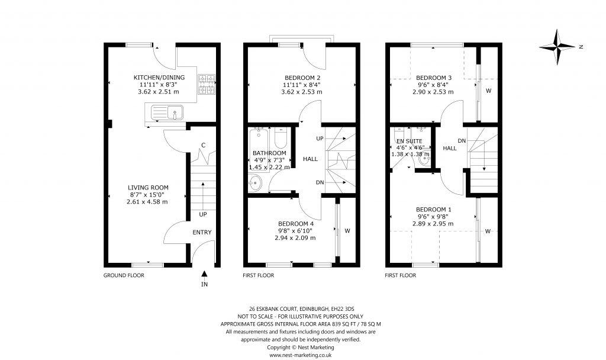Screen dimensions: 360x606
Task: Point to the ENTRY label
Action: click(202, 232)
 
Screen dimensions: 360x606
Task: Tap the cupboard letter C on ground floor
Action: click(203, 145)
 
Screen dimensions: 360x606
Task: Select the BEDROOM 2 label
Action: click(302, 78)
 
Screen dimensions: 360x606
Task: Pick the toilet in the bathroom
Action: click(281, 139)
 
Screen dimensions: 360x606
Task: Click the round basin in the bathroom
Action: click(256, 184)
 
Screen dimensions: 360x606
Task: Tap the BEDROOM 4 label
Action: click(295, 223)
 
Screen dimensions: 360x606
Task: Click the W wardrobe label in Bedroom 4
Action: click(348, 231)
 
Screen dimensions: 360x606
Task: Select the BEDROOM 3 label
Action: click(433, 78)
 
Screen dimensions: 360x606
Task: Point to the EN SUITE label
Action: click(410, 141)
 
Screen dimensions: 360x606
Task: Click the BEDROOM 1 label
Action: click(433, 210)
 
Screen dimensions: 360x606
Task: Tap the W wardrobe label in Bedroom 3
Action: click(488, 91)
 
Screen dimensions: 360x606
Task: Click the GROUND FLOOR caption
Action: click(124, 275)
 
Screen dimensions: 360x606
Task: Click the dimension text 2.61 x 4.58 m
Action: click(147, 202)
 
